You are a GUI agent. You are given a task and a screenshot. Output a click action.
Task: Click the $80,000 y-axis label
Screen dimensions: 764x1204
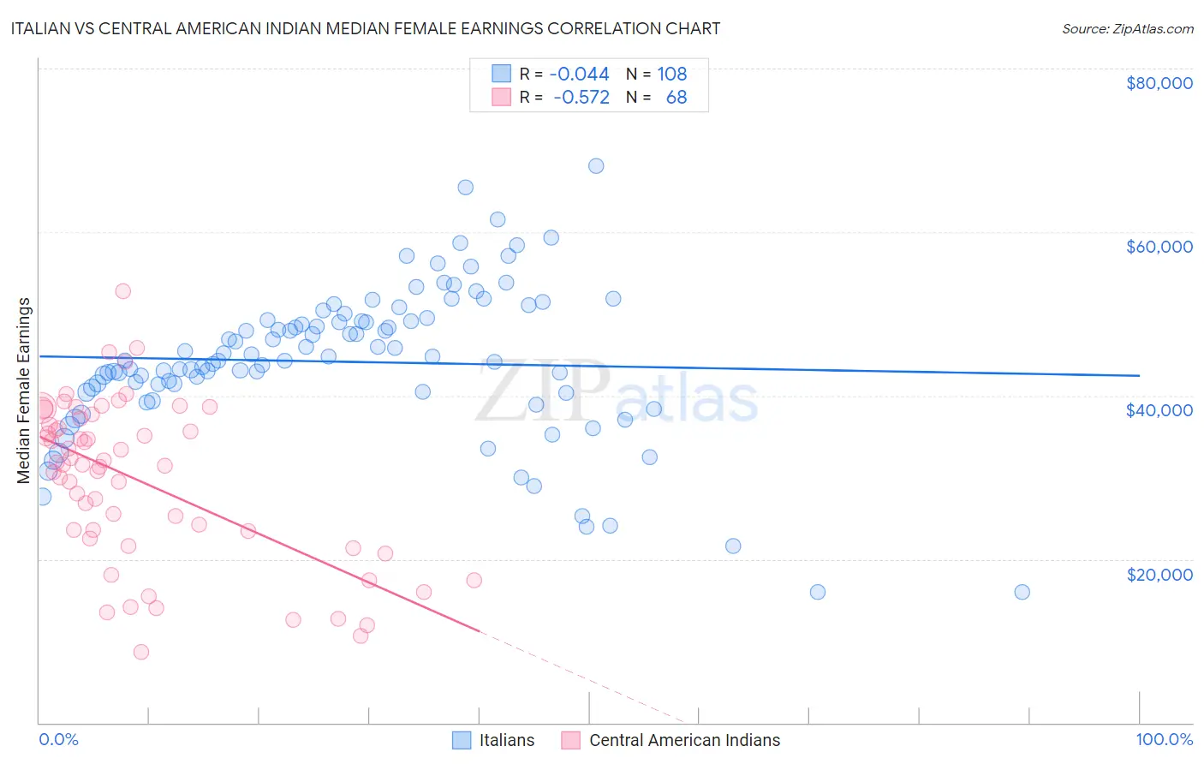(1159, 83)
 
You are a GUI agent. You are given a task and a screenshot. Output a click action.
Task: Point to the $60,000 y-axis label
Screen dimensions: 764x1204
(1159, 247)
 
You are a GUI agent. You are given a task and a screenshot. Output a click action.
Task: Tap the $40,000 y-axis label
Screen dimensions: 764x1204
(1159, 410)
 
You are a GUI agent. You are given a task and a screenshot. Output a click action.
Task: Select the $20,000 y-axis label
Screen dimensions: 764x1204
(1159, 574)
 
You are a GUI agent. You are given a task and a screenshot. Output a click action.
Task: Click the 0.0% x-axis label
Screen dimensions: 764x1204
(58, 739)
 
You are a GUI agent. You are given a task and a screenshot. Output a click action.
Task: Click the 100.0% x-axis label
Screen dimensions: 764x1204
(1164, 739)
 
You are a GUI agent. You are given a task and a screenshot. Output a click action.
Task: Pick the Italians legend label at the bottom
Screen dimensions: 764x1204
(506, 740)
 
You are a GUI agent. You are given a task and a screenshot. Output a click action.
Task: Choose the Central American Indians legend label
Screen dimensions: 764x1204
(684, 740)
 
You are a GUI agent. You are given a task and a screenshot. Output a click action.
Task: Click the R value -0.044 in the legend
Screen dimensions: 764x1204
(579, 74)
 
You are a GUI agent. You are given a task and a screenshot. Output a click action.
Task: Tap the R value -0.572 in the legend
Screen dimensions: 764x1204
(581, 97)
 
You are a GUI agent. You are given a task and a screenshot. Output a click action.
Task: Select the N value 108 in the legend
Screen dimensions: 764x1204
(672, 74)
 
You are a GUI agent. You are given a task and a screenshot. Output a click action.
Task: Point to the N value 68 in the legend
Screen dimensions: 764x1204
(677, 97)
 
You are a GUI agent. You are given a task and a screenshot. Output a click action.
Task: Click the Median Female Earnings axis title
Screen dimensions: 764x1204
(24, 390)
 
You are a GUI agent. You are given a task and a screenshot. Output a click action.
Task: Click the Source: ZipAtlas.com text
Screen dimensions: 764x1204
(1127, 28)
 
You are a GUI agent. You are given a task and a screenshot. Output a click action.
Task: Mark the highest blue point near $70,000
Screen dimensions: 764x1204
(596, 166)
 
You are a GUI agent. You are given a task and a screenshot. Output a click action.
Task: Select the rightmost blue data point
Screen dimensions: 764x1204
(1022, 592)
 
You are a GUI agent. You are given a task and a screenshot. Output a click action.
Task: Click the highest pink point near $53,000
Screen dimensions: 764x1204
(122, 291)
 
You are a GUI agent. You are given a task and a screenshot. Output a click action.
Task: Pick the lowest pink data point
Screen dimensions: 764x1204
(141, 652)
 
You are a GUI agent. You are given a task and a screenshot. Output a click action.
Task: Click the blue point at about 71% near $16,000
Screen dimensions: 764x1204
(818, 592)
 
